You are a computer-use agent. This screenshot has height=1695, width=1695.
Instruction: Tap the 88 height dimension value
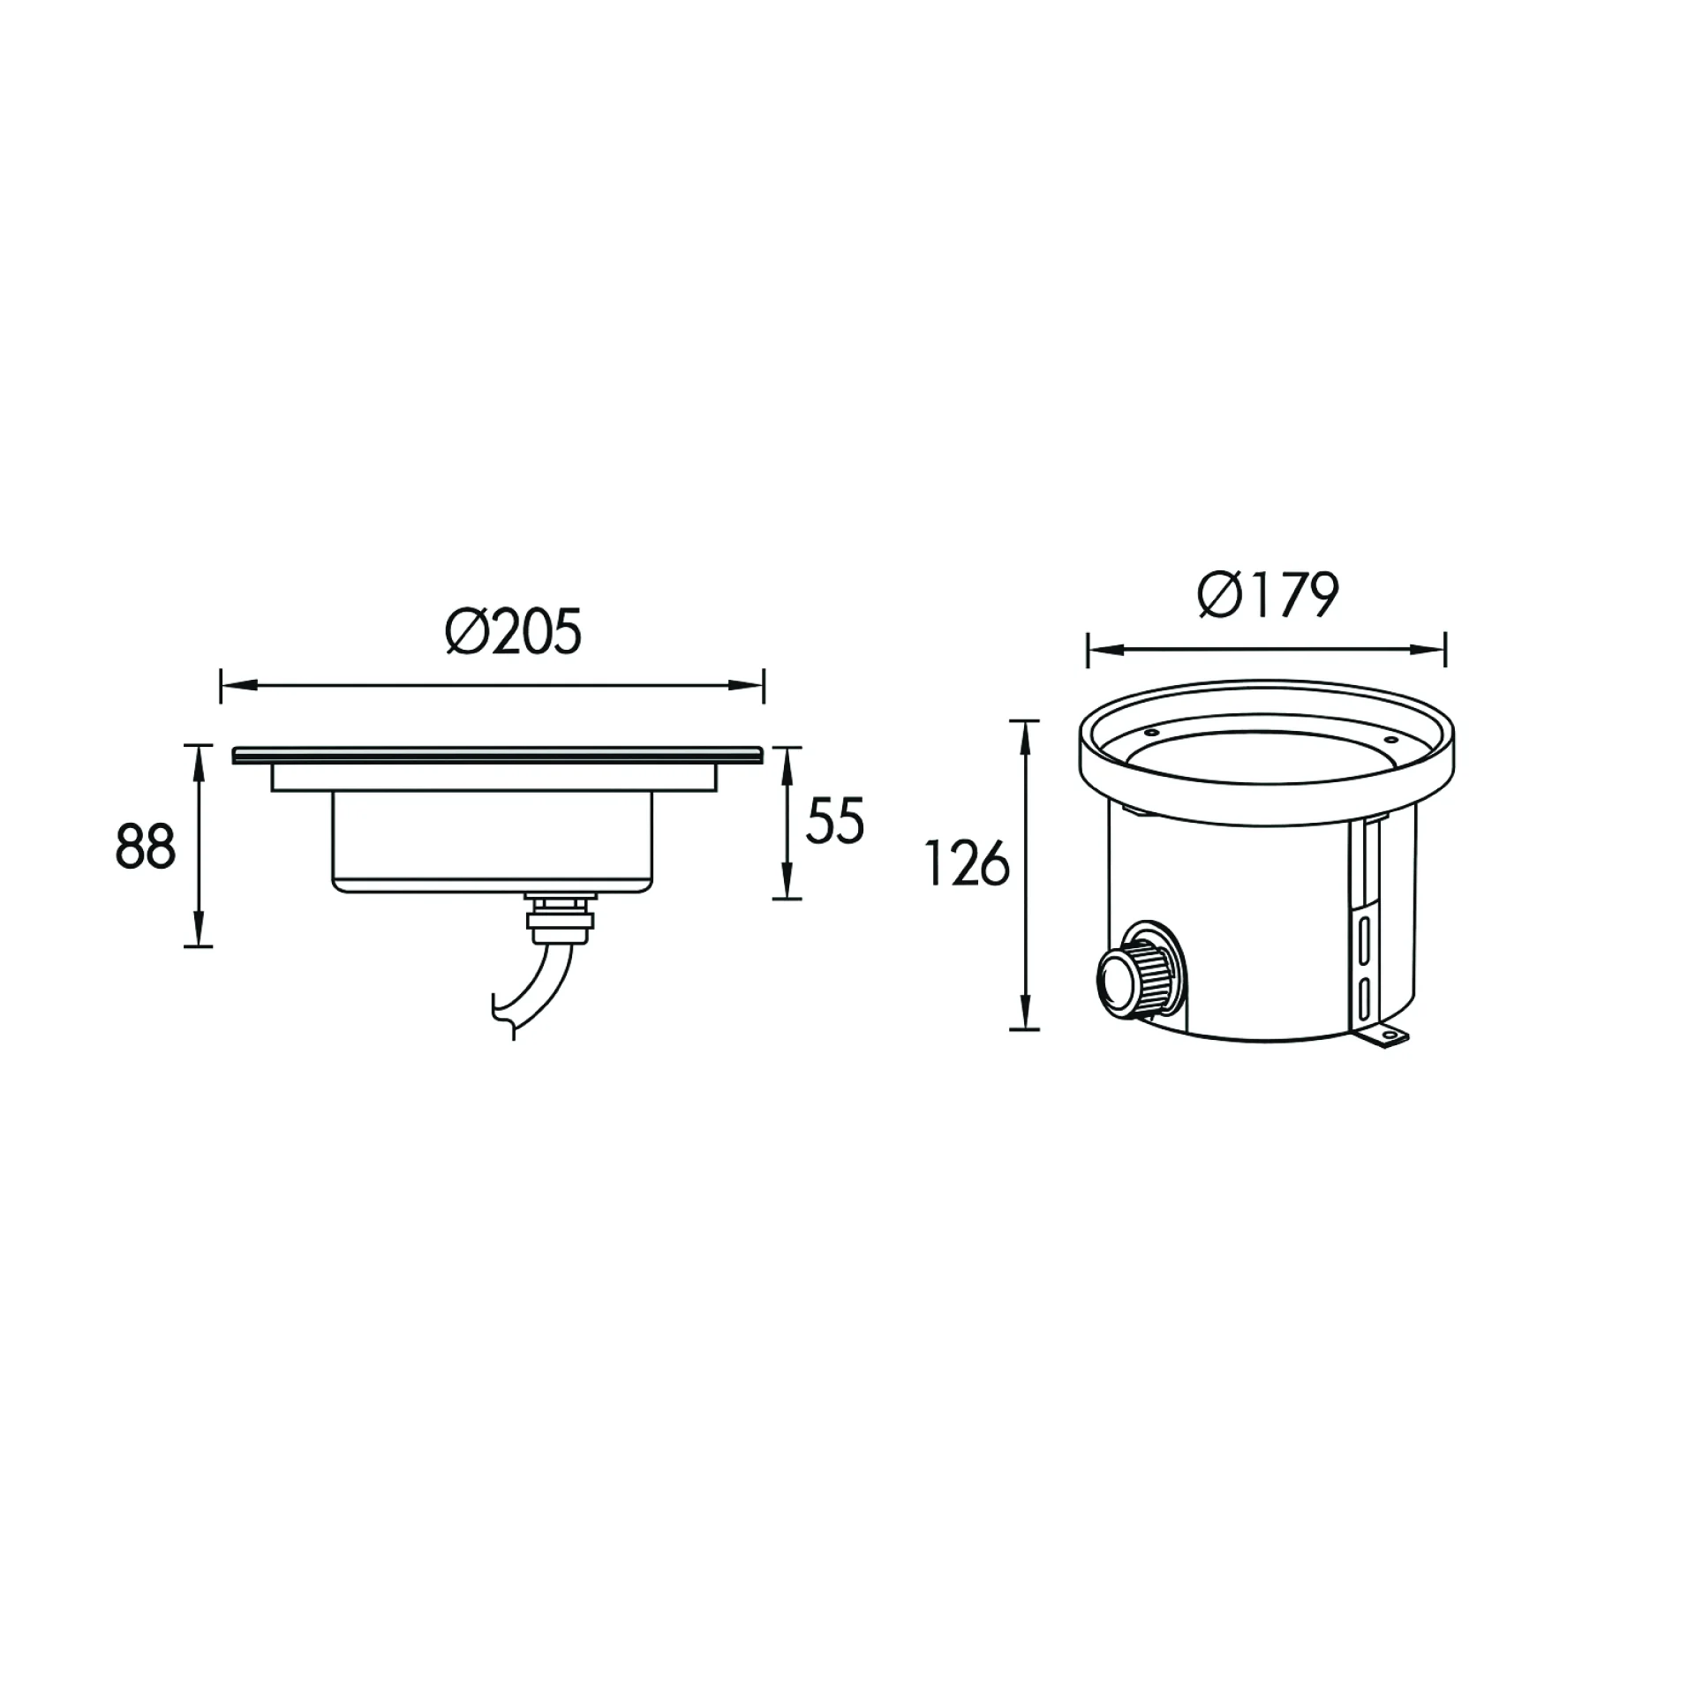click(146, 847)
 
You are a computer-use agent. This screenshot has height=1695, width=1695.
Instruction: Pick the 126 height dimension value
click(967, 863)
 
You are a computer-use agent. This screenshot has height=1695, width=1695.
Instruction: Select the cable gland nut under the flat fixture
click(561, 915)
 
